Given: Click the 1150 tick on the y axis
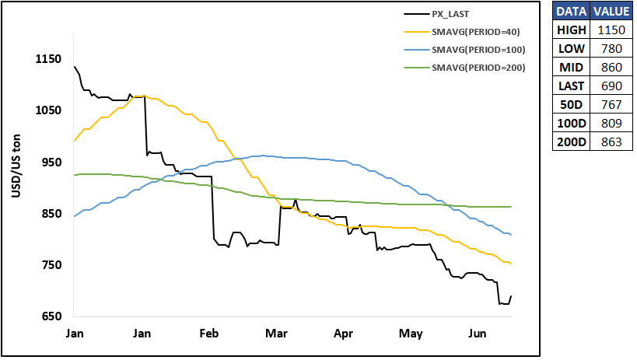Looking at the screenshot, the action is click(48, 59).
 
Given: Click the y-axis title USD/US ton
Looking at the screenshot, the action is click(16, 166).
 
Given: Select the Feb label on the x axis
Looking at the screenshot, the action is click(208, 334).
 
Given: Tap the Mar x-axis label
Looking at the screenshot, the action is click(276, 334).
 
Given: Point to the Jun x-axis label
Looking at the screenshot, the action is click(477, 334).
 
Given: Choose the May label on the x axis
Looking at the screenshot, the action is click(411, 334).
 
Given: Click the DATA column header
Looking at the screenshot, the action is click(571, 12).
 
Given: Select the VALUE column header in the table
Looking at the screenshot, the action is click(611, 12).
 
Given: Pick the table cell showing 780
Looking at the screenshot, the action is click(611, 49).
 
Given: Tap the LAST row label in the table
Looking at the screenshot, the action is click(571, 86).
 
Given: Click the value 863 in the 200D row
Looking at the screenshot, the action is click(611, 142).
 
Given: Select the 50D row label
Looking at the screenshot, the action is click(571, 105).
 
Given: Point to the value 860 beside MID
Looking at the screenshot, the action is click(611, 68).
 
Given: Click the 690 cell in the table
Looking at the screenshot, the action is click(611, 86).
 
